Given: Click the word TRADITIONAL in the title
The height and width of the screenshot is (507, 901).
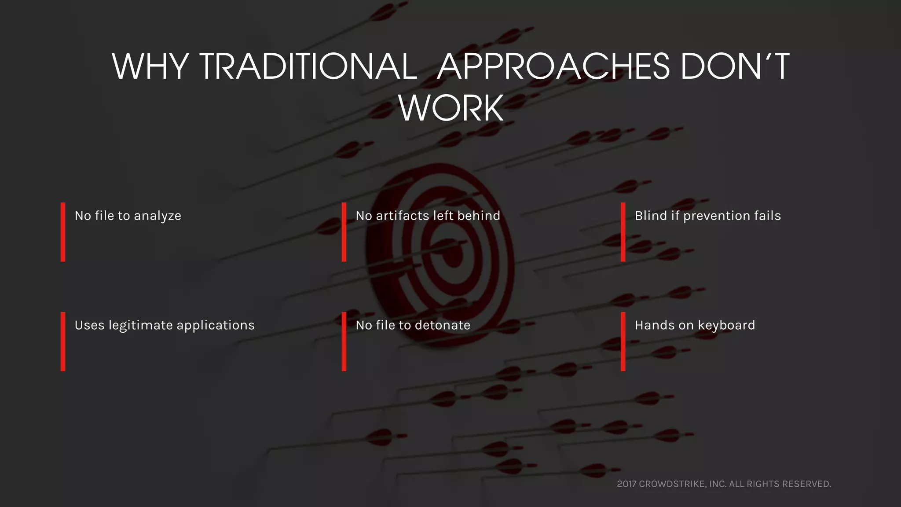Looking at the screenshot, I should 308,66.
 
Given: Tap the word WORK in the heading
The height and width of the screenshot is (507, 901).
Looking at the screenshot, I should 451,108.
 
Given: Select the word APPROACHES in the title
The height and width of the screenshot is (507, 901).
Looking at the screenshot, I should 553,66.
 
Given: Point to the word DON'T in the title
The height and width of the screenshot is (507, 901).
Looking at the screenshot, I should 735,66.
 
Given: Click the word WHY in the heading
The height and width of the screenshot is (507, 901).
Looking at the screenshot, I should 150,66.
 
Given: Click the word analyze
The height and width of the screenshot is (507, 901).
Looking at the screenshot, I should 157,216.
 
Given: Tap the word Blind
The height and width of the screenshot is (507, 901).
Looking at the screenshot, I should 651,216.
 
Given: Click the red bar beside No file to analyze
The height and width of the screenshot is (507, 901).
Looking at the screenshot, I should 63,232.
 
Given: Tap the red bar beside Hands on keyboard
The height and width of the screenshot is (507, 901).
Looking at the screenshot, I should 623,342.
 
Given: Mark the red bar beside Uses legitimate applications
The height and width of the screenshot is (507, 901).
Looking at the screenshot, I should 63,342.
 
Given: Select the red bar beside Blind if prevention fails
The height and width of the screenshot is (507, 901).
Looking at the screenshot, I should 623,232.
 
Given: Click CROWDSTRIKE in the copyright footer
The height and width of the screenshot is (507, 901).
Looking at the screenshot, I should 672,484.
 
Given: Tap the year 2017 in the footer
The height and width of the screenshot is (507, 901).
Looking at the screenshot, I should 626,484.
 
